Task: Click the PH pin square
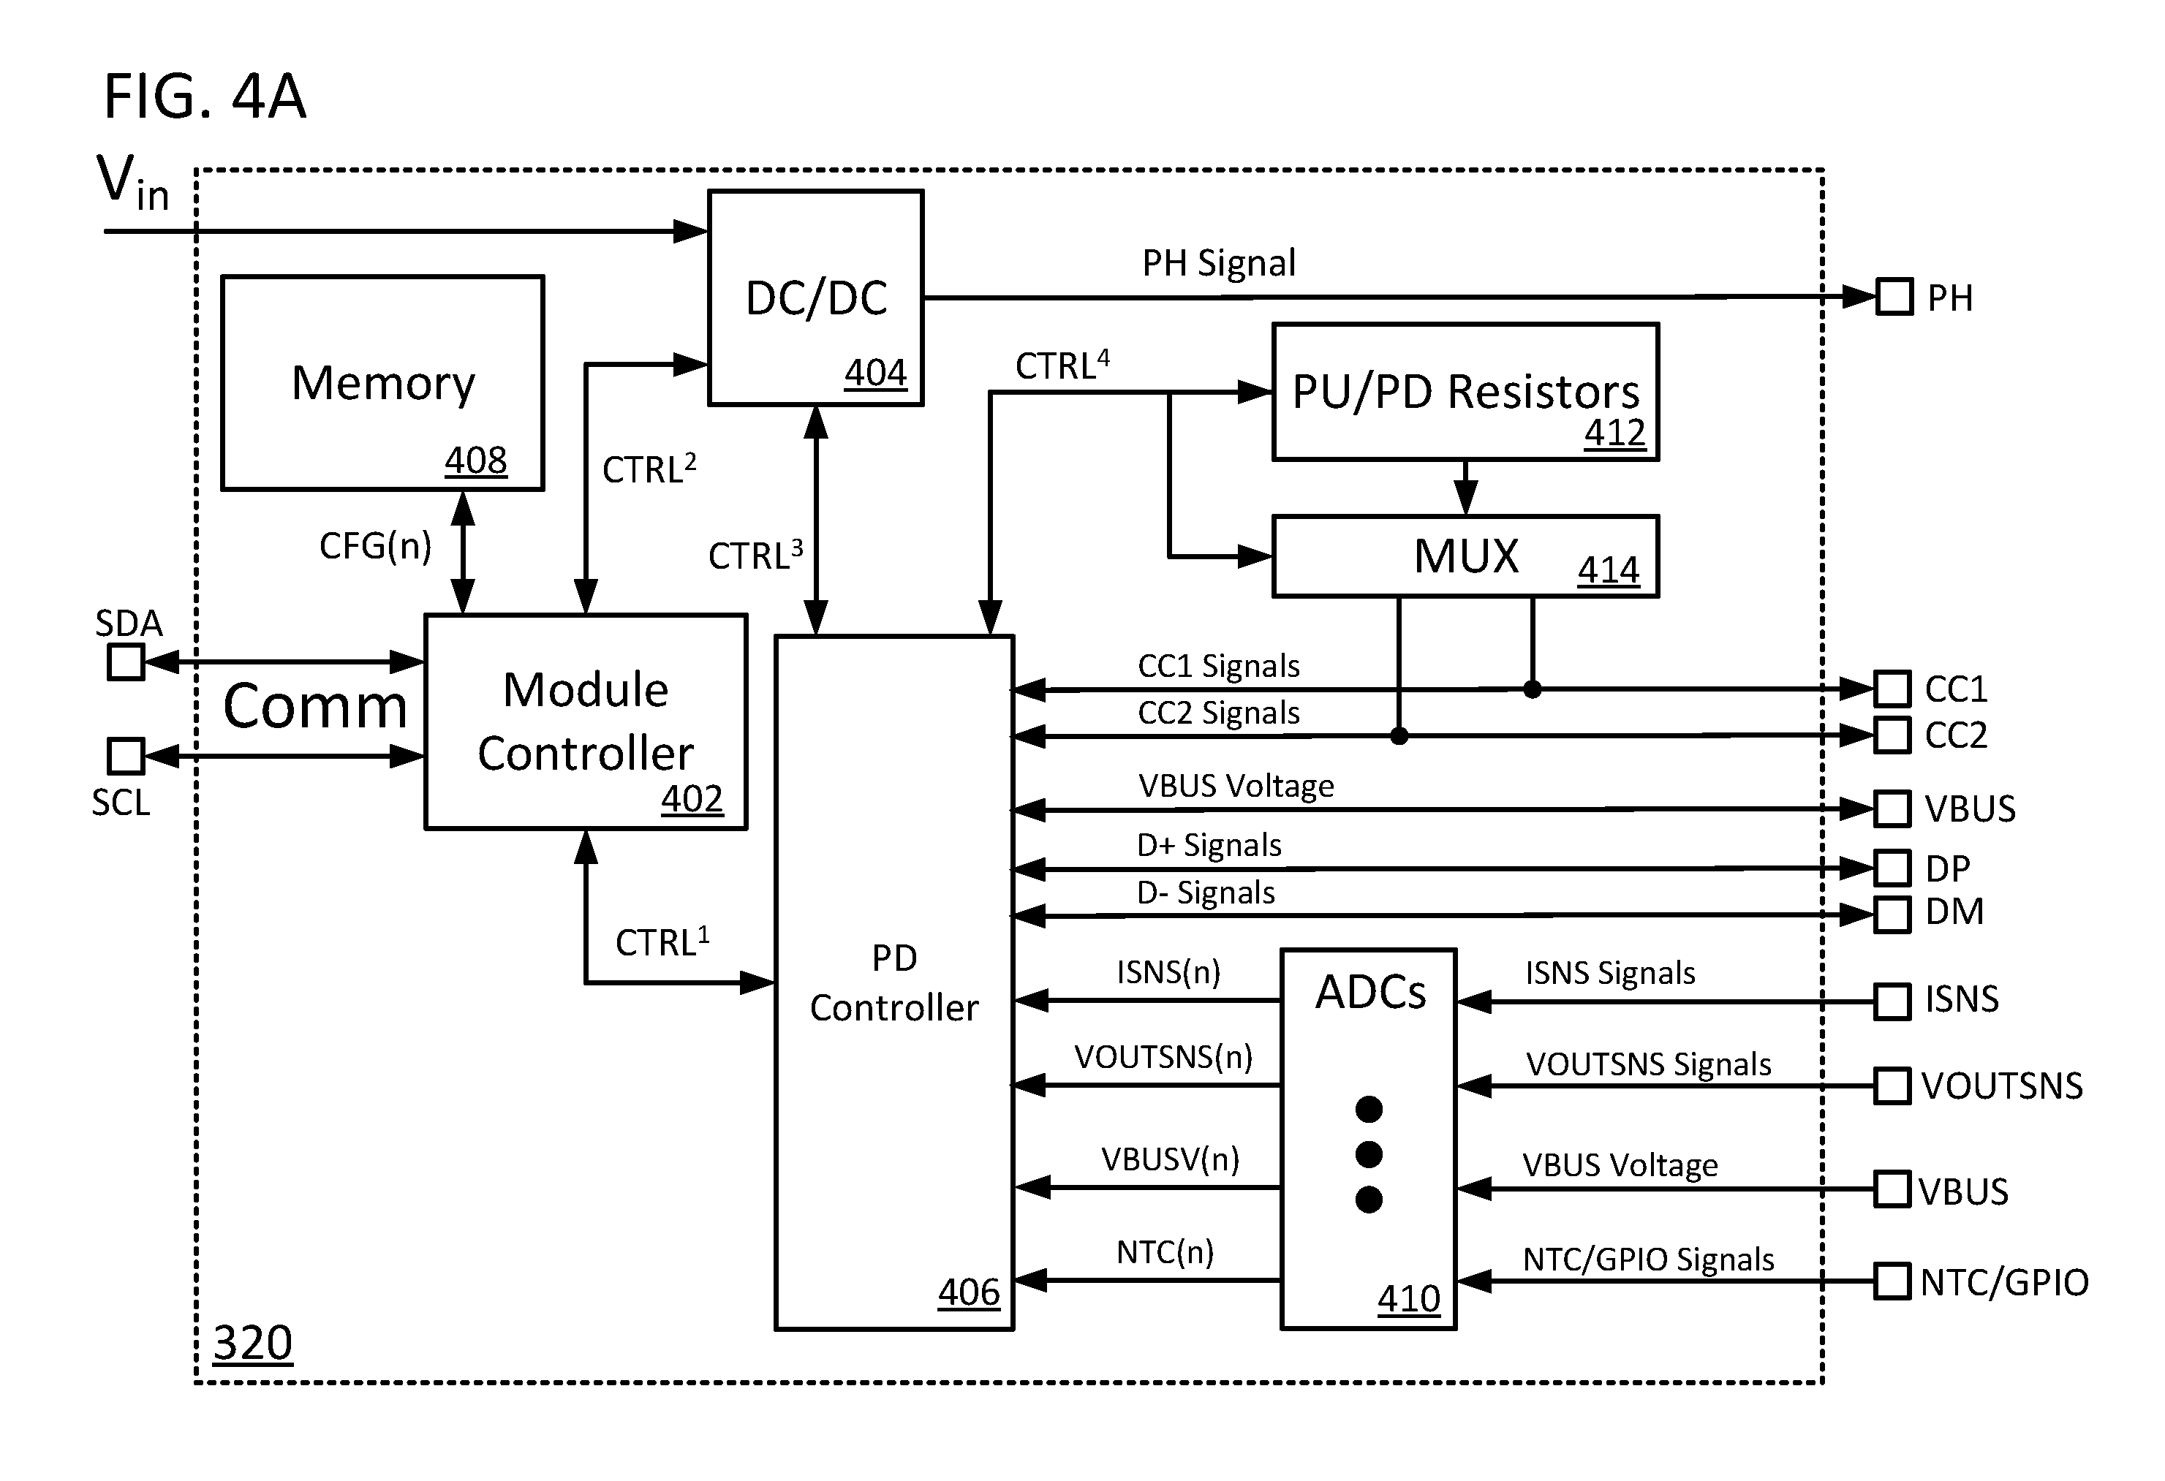point(1894,297)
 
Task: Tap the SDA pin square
point(126,662)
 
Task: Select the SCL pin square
point(126,757)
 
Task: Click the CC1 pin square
point(1892,689)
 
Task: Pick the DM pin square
point(1892,914)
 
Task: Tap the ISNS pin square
point(1892,1001)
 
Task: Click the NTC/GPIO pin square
point(1892,1281)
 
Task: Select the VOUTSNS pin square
point(1892,1086)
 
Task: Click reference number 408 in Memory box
point(475,460)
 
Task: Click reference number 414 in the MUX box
point(1609,570)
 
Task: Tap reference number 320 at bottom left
point(252,1343)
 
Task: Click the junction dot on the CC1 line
point(1533,689)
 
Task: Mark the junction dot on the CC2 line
point(1398,736)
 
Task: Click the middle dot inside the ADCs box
point(1369,1155)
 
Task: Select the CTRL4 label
point(1062,364)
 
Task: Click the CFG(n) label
point(375,546)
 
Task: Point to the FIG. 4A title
point(205,97)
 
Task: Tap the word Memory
point(383,383)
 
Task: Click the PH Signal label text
point(1219,264)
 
